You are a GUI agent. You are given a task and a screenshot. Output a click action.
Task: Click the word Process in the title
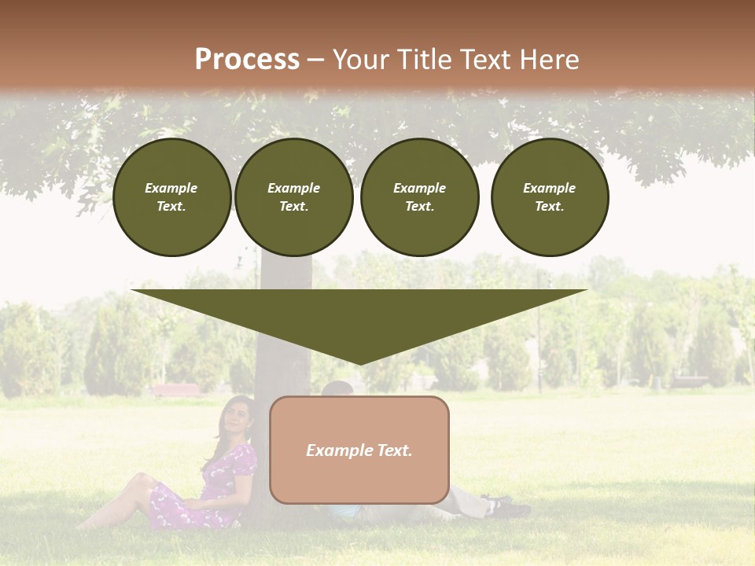[x=247, y=60]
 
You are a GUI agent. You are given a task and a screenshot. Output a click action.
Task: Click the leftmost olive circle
[x=171, y=197]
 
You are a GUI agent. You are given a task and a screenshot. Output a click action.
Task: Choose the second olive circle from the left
[x=293, y=197]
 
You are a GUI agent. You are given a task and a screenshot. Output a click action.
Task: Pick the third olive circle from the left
[x=419, y=197]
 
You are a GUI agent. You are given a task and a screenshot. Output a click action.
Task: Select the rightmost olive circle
[x=549, y=197]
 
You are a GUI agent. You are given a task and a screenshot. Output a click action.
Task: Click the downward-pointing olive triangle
[x=359, y=318]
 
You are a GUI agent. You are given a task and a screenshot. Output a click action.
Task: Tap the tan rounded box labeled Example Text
[x=359, y=450]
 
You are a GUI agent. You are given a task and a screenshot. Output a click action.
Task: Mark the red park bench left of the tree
[x=176, y=389]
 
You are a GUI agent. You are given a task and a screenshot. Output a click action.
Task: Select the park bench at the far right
[x=690, y=381]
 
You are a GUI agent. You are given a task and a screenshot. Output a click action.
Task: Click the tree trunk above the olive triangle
[x=285, y=272]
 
